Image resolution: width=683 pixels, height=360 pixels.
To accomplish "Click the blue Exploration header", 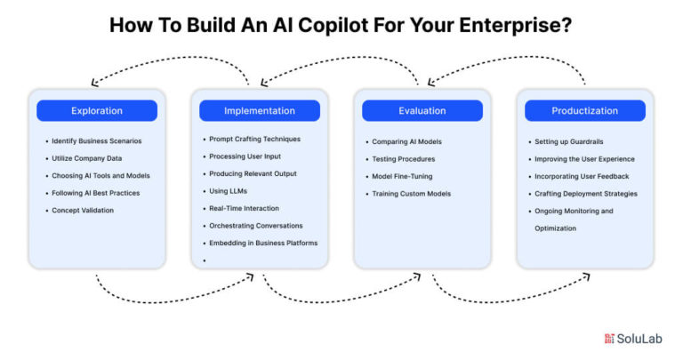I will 96,111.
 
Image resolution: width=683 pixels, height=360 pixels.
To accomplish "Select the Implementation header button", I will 260,111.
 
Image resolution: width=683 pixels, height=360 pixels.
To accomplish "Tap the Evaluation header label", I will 422,111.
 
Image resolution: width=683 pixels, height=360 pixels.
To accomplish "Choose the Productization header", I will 585,111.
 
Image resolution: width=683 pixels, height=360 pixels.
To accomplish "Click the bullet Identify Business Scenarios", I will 96,141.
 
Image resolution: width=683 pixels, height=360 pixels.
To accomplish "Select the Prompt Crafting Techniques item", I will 254,140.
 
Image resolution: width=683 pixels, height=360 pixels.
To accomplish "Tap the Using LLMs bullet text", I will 229,191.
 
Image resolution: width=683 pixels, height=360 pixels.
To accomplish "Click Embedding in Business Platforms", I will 262,243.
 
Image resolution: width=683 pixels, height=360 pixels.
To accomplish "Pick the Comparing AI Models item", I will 406,141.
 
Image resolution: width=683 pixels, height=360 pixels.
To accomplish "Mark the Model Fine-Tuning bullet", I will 402,176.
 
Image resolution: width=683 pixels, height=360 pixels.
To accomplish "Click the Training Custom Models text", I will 411,193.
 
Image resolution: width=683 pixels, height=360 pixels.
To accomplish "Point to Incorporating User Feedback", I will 582,176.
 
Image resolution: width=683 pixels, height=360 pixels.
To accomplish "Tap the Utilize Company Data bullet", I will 88,158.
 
